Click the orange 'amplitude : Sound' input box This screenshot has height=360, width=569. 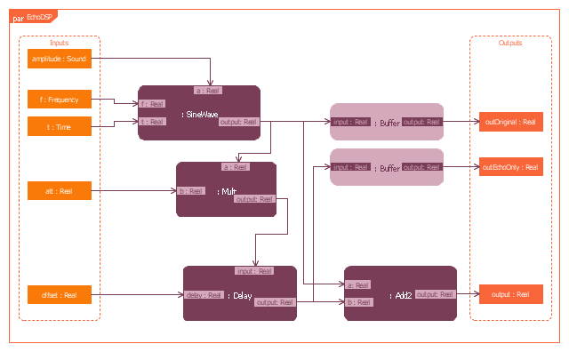60,60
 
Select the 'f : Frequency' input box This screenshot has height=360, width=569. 60,100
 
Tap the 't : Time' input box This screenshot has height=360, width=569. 60,127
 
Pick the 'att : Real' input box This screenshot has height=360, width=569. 60,191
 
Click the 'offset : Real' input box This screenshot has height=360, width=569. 60,294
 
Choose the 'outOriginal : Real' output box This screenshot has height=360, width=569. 510,122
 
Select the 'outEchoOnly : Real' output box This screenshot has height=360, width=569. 510,166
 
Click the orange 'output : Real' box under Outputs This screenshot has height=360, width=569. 510,294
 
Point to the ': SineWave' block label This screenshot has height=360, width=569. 200,114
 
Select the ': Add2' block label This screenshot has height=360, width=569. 401,294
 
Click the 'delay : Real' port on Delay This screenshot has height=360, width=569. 204,294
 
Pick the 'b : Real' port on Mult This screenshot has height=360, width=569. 188,190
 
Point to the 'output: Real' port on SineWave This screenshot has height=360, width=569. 238,122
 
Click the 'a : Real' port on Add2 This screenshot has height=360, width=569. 356,284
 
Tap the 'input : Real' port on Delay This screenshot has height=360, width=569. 253,271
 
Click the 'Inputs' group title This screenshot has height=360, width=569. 60,43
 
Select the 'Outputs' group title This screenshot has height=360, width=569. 510,43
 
